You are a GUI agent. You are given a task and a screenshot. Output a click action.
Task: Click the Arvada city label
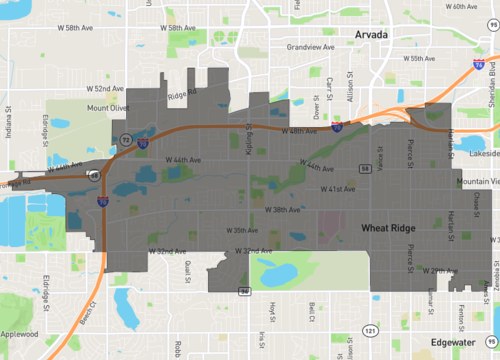375,34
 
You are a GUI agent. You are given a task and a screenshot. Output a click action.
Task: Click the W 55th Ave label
419,59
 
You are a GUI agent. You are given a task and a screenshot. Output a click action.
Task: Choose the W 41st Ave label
337,188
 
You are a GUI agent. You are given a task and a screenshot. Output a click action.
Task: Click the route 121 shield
371,329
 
